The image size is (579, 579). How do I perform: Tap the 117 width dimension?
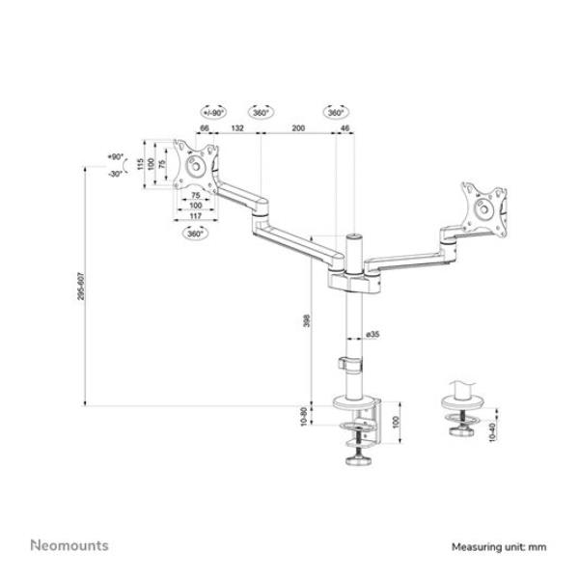(195, 216)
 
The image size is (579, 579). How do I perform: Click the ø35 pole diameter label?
(372, 335)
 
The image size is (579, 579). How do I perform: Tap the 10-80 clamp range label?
(305, 417)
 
